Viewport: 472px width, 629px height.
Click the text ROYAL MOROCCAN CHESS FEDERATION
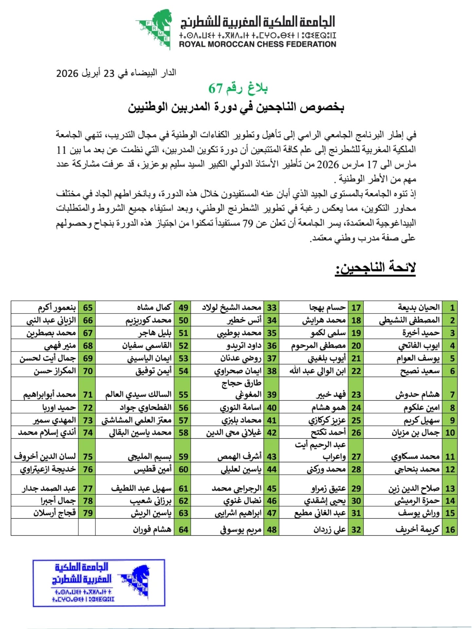(258, 44)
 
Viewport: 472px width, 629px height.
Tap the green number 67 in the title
(216, 88)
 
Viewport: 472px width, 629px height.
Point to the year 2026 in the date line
(67, 73)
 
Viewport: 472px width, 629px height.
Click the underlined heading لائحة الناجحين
(375, 268)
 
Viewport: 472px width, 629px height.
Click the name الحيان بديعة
(419, 307)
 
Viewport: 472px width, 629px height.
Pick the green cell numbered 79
(88, 512)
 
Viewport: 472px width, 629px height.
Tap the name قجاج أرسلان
(54, 512)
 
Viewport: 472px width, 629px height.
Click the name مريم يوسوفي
(241, 530)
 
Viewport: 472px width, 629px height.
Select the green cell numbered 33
(271, 308)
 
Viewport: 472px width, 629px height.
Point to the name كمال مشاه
(154, 307)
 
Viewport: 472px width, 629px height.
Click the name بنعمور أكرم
(57, 308)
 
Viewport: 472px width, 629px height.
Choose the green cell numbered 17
(356, 308)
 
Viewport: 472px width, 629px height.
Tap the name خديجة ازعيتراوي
(48, 469)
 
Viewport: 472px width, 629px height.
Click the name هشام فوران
(152, 530)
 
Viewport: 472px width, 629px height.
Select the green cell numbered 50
(183, 320)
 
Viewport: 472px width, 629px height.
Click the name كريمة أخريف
(417, 530)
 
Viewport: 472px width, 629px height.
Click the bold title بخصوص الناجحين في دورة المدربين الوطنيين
(236, 107)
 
